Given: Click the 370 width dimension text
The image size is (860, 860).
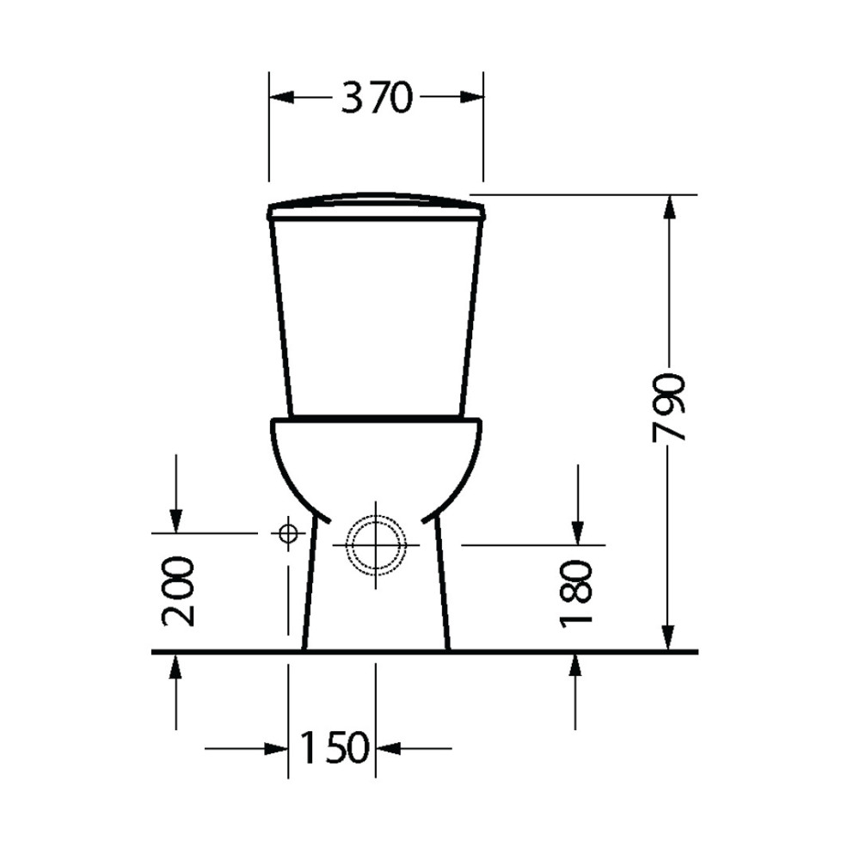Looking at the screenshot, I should click(x=376, y=98).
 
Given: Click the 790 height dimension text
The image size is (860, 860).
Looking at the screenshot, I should click(x=668, y=407).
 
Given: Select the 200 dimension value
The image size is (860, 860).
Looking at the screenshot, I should click(x=178, y=591).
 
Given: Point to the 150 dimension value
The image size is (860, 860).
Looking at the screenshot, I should click(x=333, y=748).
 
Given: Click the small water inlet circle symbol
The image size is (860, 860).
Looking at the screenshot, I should click(x=287, y=534).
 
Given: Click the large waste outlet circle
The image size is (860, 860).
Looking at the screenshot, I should click(x=376, y=545).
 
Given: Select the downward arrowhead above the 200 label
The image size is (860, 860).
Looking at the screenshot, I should click(x=176, y=521).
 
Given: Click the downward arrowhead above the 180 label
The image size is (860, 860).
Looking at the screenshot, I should click(x=577, y=533).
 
